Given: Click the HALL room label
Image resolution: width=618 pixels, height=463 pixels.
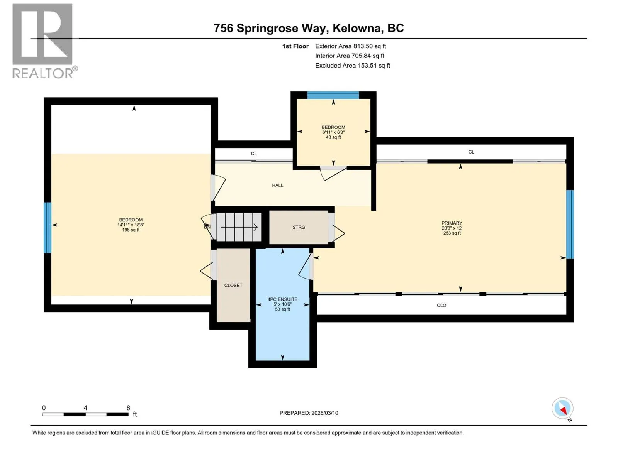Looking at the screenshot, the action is (x=277, y=185).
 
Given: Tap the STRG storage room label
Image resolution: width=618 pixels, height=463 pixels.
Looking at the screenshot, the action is (x=299, y=227).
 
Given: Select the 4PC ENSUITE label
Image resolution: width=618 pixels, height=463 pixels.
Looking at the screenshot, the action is (x=282, y=299).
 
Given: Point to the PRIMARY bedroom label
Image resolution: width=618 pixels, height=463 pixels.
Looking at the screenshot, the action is (x=452, y=223).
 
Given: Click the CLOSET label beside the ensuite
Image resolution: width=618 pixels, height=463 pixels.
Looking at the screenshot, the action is (x=233, y=285).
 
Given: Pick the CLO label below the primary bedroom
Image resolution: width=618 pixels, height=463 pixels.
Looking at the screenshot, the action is (x=441, y=305).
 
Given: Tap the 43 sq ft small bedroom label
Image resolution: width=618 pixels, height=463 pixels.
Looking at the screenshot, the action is (x=333, y=137).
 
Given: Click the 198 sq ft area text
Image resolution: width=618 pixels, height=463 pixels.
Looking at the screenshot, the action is (x=131, y=230).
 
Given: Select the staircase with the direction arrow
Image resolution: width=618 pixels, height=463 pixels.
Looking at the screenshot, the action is (x=239, y=227).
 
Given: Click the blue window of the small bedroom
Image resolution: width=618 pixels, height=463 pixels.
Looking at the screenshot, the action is (x=333, y=95).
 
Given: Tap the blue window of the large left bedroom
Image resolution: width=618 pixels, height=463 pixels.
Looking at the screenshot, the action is (x=47, y=228).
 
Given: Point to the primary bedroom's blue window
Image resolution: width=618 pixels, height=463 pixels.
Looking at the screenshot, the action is (x=570, y=224).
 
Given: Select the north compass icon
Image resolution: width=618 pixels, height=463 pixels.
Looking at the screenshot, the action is (x=562, y=408).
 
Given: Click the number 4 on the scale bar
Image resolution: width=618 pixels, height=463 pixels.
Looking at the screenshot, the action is (x=85, y=407).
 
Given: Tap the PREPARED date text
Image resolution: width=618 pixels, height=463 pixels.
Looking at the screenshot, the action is (x=309, y=413).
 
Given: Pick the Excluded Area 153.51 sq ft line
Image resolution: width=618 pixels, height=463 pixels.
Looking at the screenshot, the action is (x=353, y=66).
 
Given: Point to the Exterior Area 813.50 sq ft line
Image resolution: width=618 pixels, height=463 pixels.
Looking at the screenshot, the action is (x=351, y=46).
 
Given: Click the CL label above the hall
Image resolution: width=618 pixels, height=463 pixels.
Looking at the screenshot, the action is (x=254, y=154).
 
